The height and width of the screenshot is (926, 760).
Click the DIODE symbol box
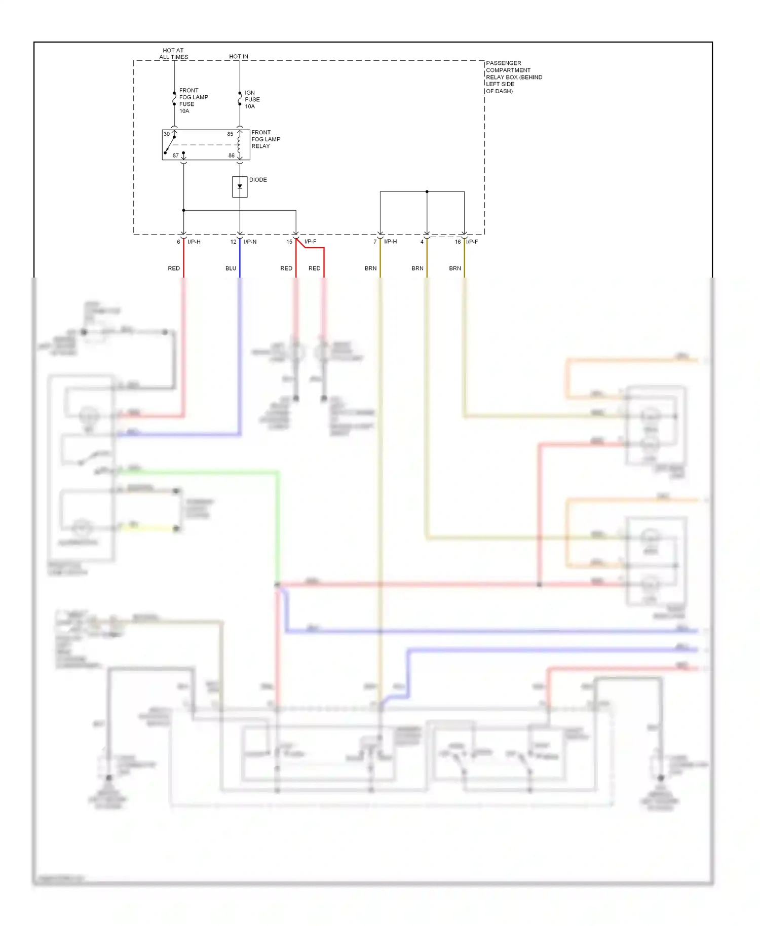(x=240, y=187)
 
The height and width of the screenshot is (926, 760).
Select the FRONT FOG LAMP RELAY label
(x=265, y=139)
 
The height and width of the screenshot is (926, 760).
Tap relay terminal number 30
(x=167, y=134)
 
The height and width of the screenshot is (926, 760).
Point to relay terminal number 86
(x=231, y=156)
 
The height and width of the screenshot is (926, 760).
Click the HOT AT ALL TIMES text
(x=173, y=54)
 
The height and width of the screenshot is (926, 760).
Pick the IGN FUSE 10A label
(x=252, y=100)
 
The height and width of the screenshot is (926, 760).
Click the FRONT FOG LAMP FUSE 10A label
(x=193, y=101)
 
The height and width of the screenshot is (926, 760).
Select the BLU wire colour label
(x=231, y=268)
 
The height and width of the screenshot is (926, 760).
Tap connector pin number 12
(x=233, y=242)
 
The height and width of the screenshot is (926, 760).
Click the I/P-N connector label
(x=250, y=242)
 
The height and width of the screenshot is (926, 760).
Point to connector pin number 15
(x=289, y=242)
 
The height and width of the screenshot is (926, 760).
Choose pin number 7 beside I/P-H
(x=375, y=242)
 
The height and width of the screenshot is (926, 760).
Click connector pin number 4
(x=422, y=242)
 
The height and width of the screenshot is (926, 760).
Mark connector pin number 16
(x=458, y=242)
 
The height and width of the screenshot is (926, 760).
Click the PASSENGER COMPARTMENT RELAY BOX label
(x=513, y=77)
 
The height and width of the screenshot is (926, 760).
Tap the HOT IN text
(x=238, y=57)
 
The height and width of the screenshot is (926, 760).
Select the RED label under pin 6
(x=174, y=268)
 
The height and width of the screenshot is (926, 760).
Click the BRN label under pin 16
(x=454, y=268)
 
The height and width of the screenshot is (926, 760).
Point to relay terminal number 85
(x=230, y=134)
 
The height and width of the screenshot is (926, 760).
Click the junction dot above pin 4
(x=427, y=192)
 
